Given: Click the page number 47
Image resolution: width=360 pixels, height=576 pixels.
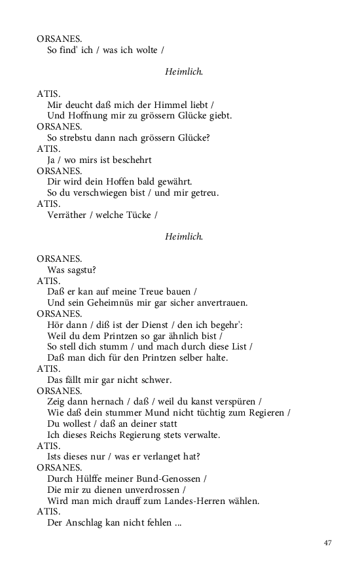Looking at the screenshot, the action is click(328, 543).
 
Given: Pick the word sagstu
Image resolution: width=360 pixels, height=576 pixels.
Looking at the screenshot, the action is click(82, 270).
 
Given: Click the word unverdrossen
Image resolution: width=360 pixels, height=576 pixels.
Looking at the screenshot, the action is click(152, 490).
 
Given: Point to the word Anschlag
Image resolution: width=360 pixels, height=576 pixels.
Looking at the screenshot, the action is click(84, 523).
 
